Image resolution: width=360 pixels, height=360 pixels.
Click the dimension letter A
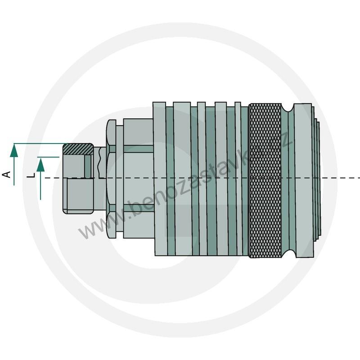coord(7,174)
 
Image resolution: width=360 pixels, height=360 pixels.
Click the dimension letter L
coord(31,175)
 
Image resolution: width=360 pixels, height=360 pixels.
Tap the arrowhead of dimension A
coord(14,152)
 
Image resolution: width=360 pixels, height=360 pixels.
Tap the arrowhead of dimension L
coord(40,165)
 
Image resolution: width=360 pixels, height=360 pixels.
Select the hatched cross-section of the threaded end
coord(78,149)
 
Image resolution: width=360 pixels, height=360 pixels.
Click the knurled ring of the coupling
coord(265,180)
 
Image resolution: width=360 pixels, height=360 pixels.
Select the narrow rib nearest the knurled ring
coord(238,179)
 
